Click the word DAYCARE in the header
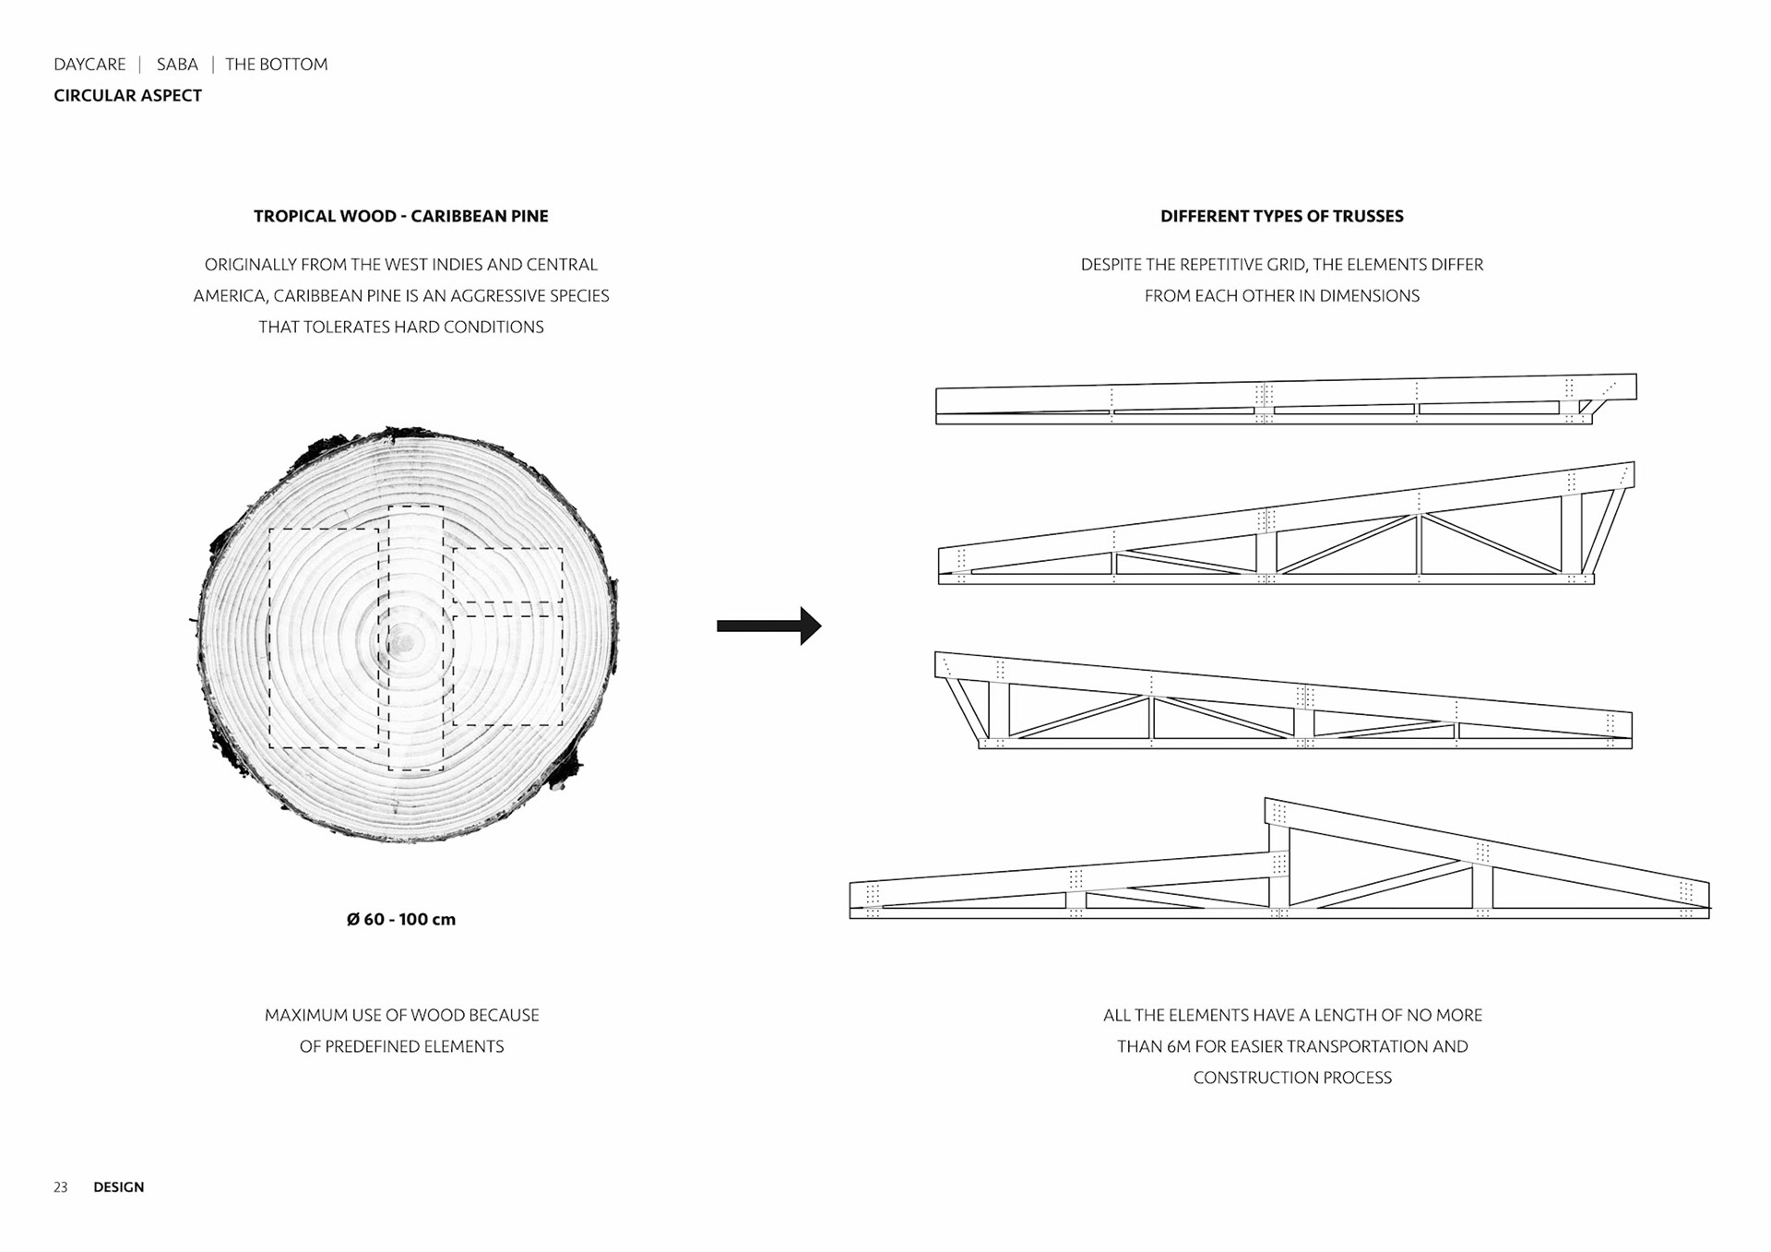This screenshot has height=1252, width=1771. coord(89,65)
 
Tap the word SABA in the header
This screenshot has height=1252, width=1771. coord(177,65)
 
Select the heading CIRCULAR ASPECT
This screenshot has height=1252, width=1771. coord(127,96)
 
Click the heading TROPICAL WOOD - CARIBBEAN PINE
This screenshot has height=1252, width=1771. coord(400,216)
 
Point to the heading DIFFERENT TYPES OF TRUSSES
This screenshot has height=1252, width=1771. coord(1281,216)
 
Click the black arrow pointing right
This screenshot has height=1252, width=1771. coord(768,626)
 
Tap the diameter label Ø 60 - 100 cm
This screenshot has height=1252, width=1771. coord(400,919)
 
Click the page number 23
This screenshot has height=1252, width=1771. coord(61,1187)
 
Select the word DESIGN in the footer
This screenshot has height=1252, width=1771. coord(119,1187)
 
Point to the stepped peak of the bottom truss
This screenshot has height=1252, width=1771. coord(1278,812)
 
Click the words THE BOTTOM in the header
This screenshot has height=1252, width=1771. coord(276,65)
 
